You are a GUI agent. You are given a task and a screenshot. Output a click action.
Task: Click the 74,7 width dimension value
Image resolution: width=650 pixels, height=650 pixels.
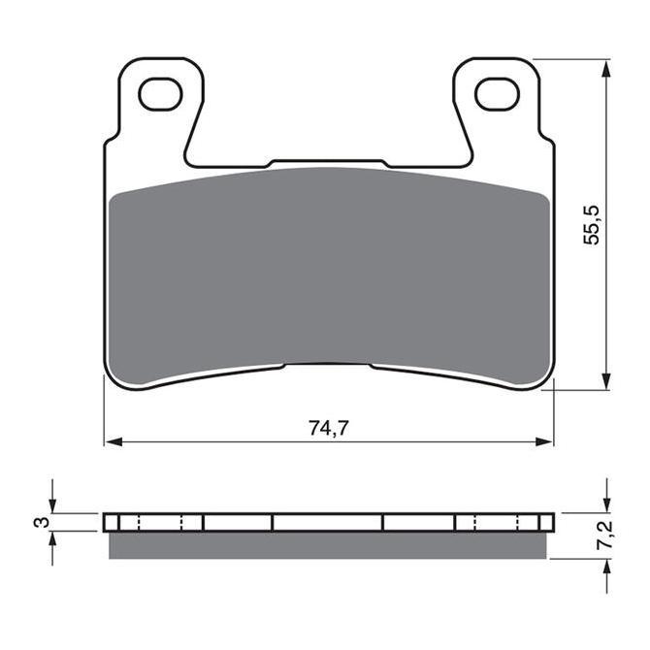click(329, 429)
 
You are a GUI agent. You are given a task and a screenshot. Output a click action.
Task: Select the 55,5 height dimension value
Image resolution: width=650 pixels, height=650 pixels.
click(592, 225)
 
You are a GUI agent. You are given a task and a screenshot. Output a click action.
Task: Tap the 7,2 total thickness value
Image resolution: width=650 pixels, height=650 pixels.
click(604, 536)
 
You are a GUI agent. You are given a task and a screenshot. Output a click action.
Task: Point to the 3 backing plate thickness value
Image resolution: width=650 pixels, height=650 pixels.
click(41, 523)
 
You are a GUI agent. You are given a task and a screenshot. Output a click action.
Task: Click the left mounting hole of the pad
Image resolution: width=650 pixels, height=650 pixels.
click(160, 94)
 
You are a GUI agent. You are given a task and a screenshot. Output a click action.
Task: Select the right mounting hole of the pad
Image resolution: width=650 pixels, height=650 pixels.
click(498, 94)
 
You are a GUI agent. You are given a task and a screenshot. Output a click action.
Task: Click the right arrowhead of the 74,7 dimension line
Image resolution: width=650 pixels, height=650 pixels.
click(544, 441)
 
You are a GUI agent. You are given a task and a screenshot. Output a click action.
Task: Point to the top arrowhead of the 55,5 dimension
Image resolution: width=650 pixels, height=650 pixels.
click(606, 69)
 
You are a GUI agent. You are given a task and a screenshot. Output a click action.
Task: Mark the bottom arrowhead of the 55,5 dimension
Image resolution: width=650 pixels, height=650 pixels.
click(606, 380)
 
